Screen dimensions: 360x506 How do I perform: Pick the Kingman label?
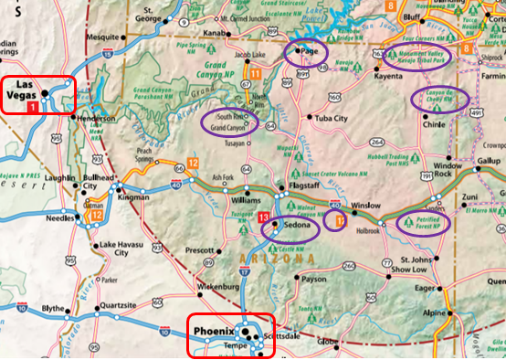coord(132,197)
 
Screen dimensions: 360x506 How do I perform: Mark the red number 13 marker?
coord(263,217)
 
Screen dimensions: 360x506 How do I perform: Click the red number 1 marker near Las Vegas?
coord(34,108)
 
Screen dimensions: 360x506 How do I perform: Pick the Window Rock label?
coord(448,169)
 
